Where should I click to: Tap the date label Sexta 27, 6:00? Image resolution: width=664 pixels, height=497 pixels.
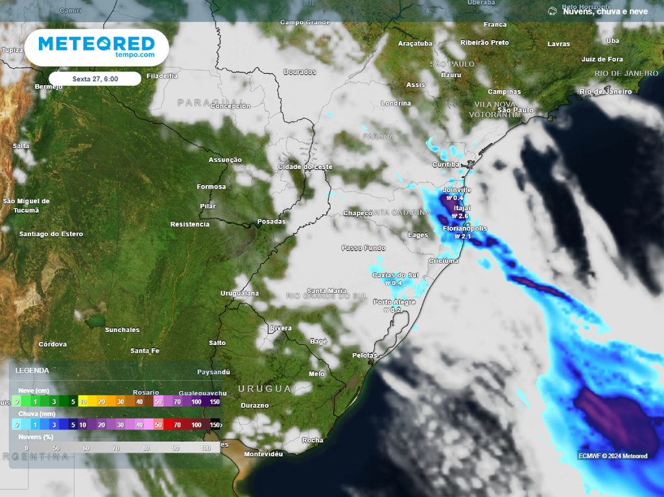[95, 79]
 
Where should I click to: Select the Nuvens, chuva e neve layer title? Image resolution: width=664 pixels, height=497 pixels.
[605, 11]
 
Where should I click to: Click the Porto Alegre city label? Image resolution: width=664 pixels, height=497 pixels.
[394, 302]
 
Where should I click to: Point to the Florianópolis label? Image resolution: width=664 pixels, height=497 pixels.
[464, 229]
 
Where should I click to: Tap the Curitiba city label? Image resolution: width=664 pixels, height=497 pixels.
[447, 165]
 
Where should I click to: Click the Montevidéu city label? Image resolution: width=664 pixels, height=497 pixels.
[263, 454]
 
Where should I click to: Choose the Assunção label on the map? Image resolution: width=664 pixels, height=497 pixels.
[225, 160]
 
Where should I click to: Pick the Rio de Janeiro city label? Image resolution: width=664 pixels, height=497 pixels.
[606, 91]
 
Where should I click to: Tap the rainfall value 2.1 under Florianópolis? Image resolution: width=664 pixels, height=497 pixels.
[463, 237]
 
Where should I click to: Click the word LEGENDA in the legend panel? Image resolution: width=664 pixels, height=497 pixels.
[32, 370]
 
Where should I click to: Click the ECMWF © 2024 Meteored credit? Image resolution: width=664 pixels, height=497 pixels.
[613, 456]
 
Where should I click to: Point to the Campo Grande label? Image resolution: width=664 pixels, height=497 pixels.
[305, 22]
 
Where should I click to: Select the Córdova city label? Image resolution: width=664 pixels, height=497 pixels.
[53, 344]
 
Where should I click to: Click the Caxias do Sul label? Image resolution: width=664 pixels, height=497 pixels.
[395, 275]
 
